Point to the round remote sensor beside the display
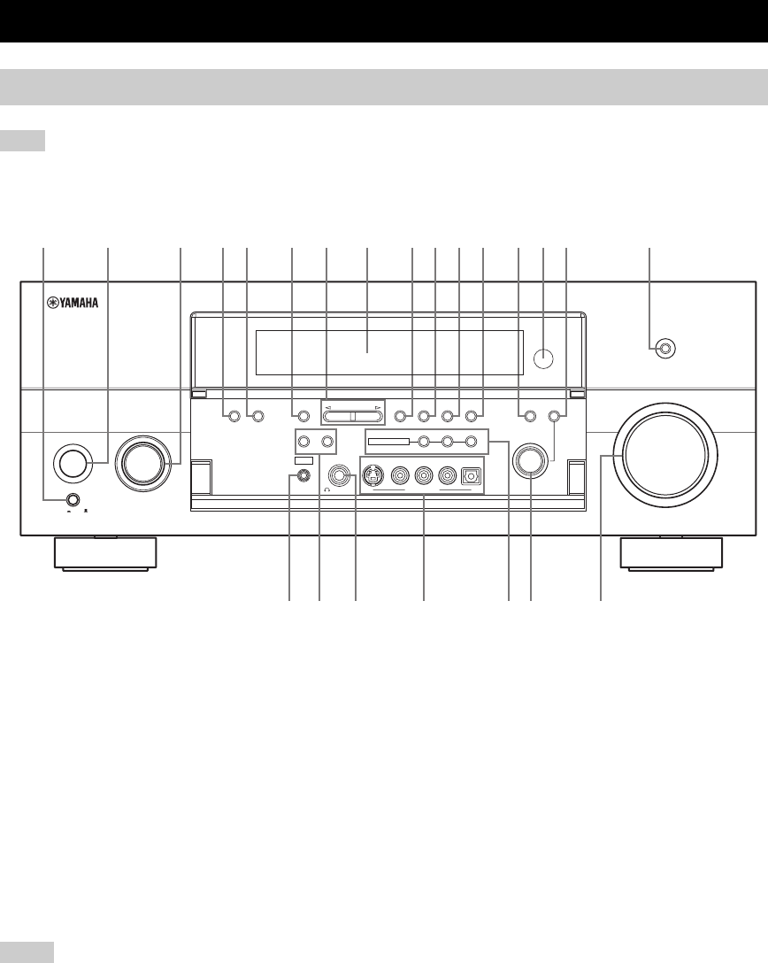click(x=545, y=358)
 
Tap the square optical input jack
click(x=470, y=475)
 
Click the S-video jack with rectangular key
click(x=375, y=476)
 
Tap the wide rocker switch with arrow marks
click(x=351, y=414)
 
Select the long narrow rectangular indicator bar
click(x=388, y=441)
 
